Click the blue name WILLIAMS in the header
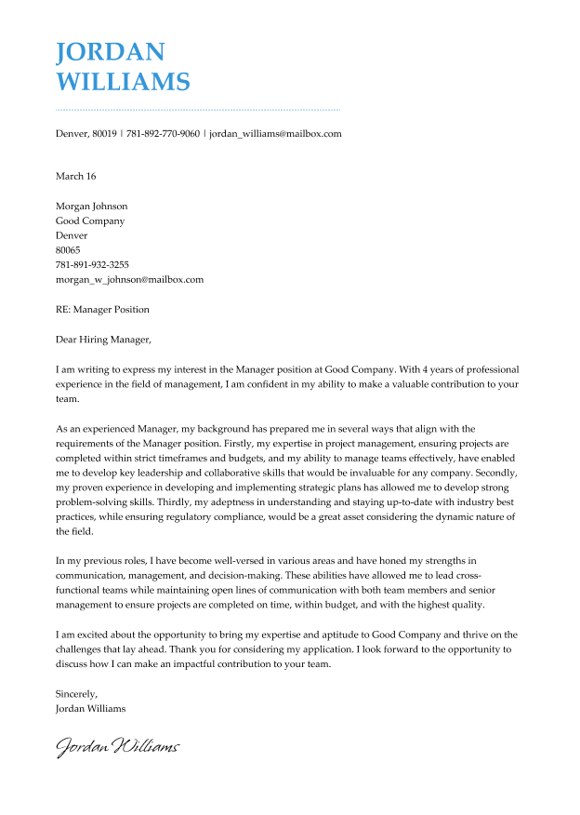click(123, 82)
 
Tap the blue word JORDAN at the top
click(111, 51)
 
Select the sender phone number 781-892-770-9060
click(163, 134)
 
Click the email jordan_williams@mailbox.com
click(275, 134)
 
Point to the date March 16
click(75, 176)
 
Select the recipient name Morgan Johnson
click(91, 207)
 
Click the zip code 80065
click(68, 250)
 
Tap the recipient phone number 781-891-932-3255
click(92, 265)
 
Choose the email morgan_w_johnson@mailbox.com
click(129, 279)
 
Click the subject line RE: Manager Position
click(102, 310)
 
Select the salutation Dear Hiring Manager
click(102, 340)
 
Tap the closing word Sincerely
click(76, 694)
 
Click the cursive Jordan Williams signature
click(117, 746)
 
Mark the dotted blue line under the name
click(197, 110)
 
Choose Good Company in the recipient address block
click(90, 221)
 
